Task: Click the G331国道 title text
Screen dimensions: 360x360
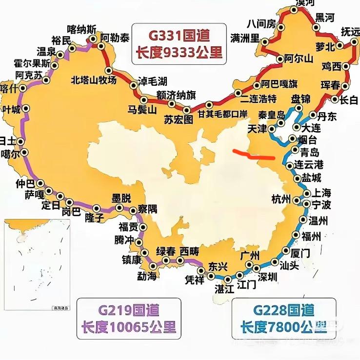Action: (179, 36)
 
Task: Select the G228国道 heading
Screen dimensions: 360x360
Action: (284, 309)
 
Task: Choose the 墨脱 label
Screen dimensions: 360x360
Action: (121, 199)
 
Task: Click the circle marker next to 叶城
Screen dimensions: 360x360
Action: (25, 108)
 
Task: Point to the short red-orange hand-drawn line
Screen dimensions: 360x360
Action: (254, 155)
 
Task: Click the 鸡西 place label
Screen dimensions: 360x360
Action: (332, 66)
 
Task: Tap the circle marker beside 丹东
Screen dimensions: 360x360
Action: (313, 116)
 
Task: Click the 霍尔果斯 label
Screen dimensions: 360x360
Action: (32, 63)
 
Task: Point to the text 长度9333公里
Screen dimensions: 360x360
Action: (179, 52)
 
